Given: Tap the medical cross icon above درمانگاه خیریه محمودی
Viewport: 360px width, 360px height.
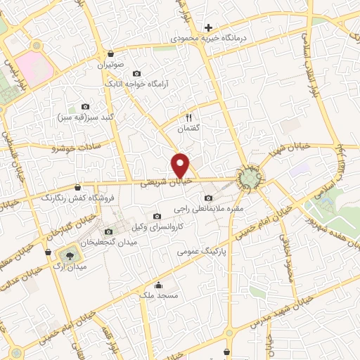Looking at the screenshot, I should click(208, 27).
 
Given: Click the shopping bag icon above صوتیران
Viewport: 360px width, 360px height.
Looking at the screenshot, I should click(111, 53).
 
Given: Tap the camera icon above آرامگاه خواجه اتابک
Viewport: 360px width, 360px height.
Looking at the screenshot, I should click(136, 73).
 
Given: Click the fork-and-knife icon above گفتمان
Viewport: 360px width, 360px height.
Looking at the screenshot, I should click(188, 117).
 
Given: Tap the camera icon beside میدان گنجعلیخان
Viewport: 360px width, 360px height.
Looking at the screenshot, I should click(108, 231).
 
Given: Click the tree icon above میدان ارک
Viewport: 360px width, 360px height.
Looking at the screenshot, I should click(70, 254).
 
